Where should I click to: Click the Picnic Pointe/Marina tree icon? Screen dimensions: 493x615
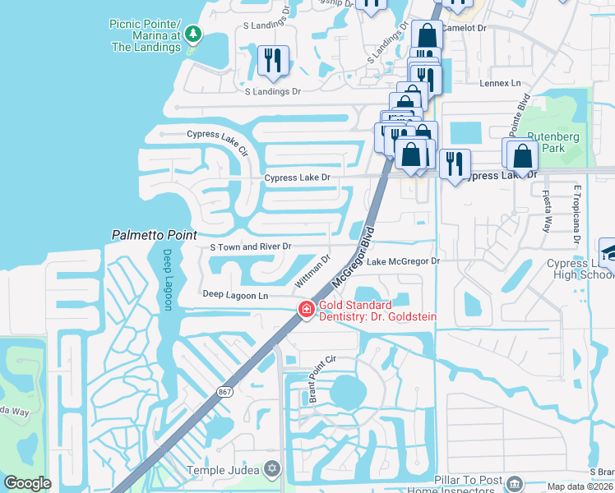pyautogui.click(x=193, y=34)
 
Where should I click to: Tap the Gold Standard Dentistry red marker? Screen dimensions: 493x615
pyautogui.click(x=306, y=310)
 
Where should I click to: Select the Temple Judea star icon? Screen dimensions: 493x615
pyautogui.click(x=273, y=470)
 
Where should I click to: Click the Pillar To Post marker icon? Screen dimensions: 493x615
pyautogui.click(x=515, y=483)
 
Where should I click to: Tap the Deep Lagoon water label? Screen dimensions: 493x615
pyautogui.click(x=168, y=279)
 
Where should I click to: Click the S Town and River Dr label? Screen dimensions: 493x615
pyautogui.click(x=251, y=246)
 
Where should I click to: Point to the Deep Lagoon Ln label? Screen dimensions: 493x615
pyautogui.click(x=235, y=295)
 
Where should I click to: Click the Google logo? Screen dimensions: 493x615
pyautogui.click(x=27, y=483)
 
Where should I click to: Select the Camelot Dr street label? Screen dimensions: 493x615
pyautogui.click(x=466, y=27)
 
